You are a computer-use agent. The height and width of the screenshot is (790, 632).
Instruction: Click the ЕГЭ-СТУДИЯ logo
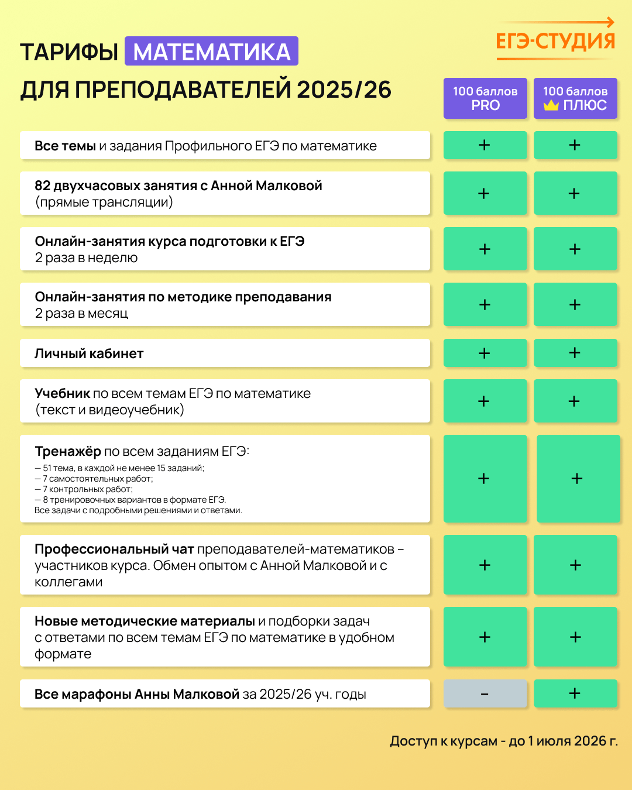coord(555,40)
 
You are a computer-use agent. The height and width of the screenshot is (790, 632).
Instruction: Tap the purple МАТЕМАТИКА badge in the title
coord(212,51)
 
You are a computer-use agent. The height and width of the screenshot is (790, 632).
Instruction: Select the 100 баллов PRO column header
coord(485,98)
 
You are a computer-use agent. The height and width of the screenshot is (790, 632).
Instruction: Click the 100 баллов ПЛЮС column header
coord(575,98)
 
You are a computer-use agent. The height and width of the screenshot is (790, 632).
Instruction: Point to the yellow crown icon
coord(551,106)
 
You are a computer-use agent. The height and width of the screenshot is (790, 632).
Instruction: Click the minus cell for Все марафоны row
coord(485,694)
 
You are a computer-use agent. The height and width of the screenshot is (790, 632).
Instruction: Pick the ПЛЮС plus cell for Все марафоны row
coord(575,694)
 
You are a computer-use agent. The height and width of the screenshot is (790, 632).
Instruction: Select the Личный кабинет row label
coord(89,353)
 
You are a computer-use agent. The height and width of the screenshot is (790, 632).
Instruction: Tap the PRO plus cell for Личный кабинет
coord(485,353)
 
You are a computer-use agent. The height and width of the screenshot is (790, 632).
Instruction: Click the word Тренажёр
coord(68,451)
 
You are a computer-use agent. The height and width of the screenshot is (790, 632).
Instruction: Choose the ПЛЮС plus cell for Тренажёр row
coord(578,479)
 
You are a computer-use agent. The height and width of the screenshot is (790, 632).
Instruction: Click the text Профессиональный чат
coord(114,549)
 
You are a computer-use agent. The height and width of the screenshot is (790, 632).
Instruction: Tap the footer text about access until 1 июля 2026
coord(504,741)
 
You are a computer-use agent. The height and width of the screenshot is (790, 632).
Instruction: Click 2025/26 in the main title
coord(344,90)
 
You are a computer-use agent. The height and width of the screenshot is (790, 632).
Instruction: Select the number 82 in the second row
coord(43,186)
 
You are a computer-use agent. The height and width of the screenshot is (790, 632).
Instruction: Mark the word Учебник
coord(63,393)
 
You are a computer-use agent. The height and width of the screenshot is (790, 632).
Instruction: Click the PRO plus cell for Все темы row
coord(485,145)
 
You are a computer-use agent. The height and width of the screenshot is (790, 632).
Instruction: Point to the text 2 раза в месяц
coord(81,314)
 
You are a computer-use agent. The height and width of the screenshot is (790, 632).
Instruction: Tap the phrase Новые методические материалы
coord(145,621)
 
